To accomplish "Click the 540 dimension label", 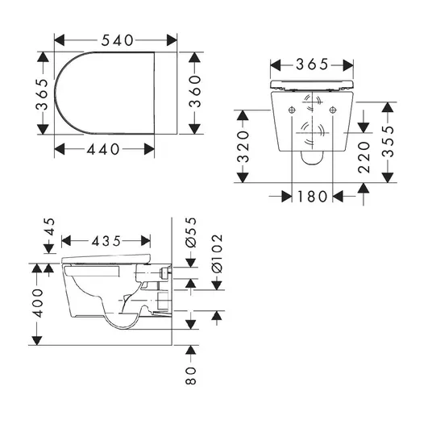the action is pyautogui.click(x=118, y=40).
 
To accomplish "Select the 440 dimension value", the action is pyautogui.click(x=103, y=150).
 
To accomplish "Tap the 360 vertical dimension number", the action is pyautogui.click(x=195, y=91).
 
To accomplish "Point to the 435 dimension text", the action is pyautogui.click(x=106, y=241).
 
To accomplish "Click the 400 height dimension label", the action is pyautogui.click(x=38, y=303).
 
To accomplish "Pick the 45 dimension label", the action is pyautogui.click(x=50, y=226).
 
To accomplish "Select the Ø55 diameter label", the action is pyautogui.click(x=191, y=233).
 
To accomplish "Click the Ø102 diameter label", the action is pyautogui.click(x=217, y=254).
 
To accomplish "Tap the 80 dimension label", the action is pyautogui.click(x=191, y=376).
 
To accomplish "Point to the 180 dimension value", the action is pyautogui.click(x=312, y=197).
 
